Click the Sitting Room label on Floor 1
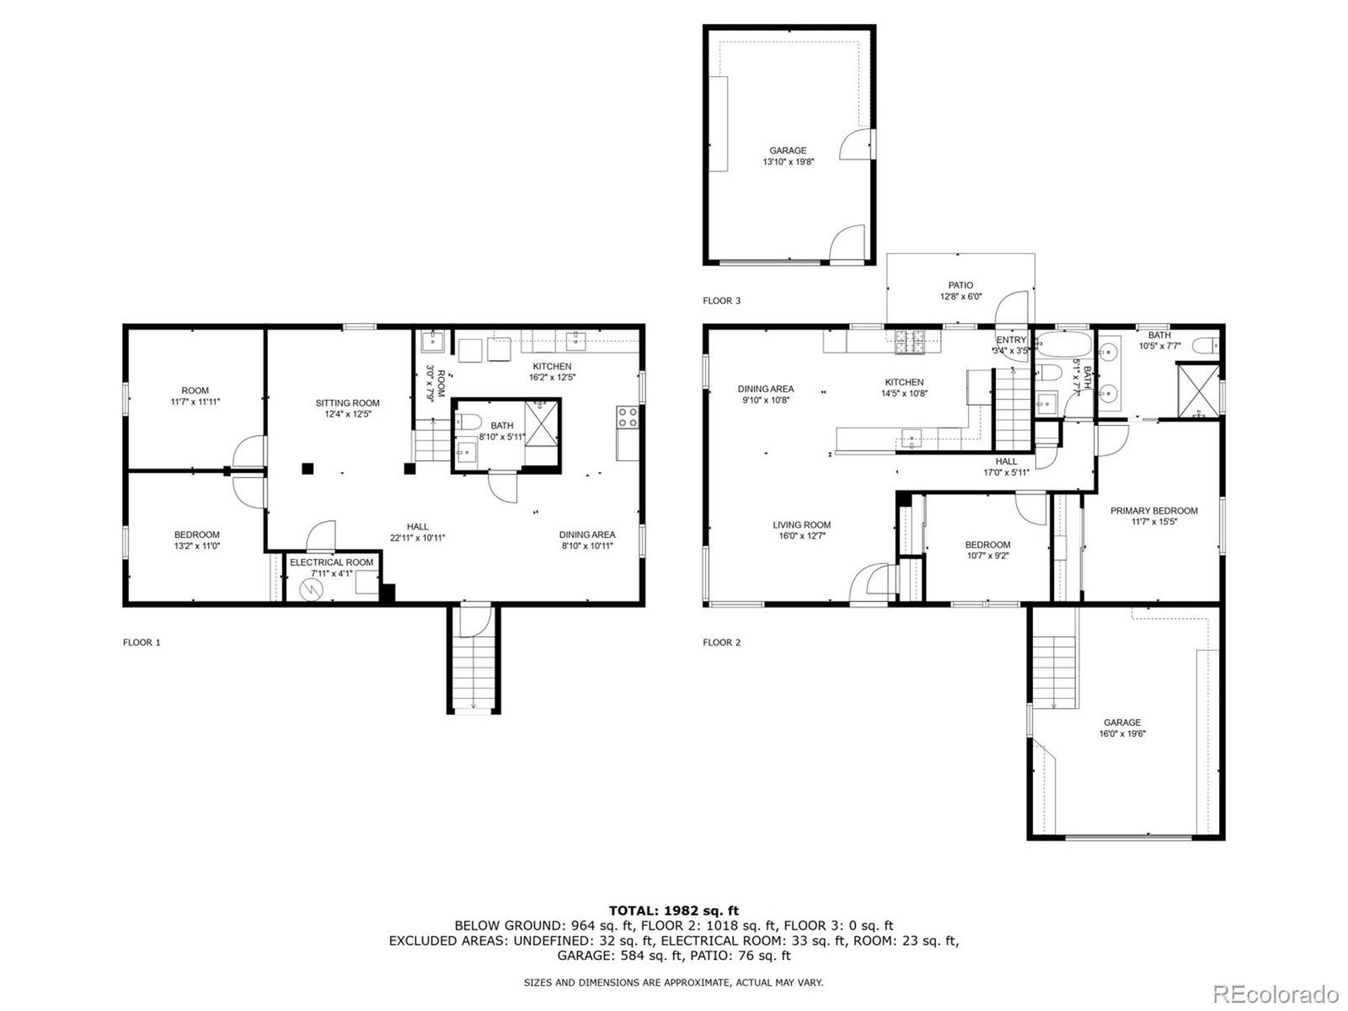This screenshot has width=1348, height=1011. pyautogui.click(x=348, y=403)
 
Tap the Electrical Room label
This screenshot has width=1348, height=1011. pyautogui.click(x=332, y=562)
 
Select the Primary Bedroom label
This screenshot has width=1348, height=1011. pyautogui.click(x=1154, y=511)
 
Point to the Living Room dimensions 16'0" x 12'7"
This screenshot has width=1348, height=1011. pyautogui.click(x=801, y=536)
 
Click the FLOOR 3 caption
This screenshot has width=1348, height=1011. pyautogui.click(x=721, y=301)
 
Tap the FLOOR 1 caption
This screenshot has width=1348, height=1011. pyautogui.click(x=141, y=642)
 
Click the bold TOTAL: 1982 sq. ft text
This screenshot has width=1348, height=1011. pyautogui.click(x=673, y=910)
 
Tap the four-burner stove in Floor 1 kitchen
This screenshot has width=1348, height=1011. pyautogui.click(x=628, y=418)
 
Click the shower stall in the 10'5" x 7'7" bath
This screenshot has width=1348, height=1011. pyautogui.click(x=1198, y=391)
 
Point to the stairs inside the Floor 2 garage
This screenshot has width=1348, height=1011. pyautogui.click(x=1054, y=671)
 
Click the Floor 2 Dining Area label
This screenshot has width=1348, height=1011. pyautogui.click(x=766, y=389)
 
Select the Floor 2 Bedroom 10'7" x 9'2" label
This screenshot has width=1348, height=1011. pyautogui.click(x=987, y=545)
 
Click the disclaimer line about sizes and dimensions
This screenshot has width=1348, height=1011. pyautogui.click(x=673, y=983)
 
